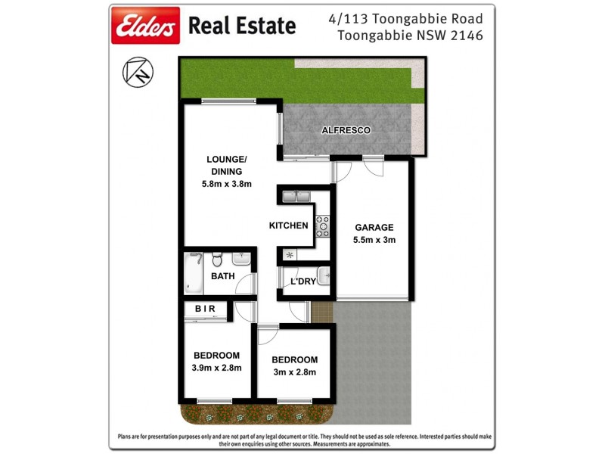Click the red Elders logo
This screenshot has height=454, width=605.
pyautogui.click(x=146, y=26)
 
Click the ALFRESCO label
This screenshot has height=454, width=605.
pyautogui.click(x=346, y=130)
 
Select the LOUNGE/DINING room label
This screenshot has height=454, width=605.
pyautogui.click(x=226, y=165)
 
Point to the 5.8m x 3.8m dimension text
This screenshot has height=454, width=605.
pyautogui.click(x=226, y=184)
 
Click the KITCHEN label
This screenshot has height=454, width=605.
pyautogui.click(x=288, y=225)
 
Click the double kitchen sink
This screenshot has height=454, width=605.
pyautogui.click(x=296, y=197)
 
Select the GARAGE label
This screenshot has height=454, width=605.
pyautogui.click(x=374, y=227)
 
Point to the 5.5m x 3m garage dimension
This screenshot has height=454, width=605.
pyautogui.click(x=374, y=240)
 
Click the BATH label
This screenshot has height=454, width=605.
pyautogui.click(x=222, y=276)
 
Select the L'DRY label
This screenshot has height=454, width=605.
pyautogui.click(x=302, y=281)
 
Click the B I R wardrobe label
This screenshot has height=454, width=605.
pyautogui.click(x=206, y=309)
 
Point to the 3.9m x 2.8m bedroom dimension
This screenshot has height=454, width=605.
pyautogui.click(x=217, y=368)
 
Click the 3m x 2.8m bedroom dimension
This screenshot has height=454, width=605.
pyautogui.click(x=294, y=372)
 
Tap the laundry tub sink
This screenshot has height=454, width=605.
pyautogui.click(x=323, y=275)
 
